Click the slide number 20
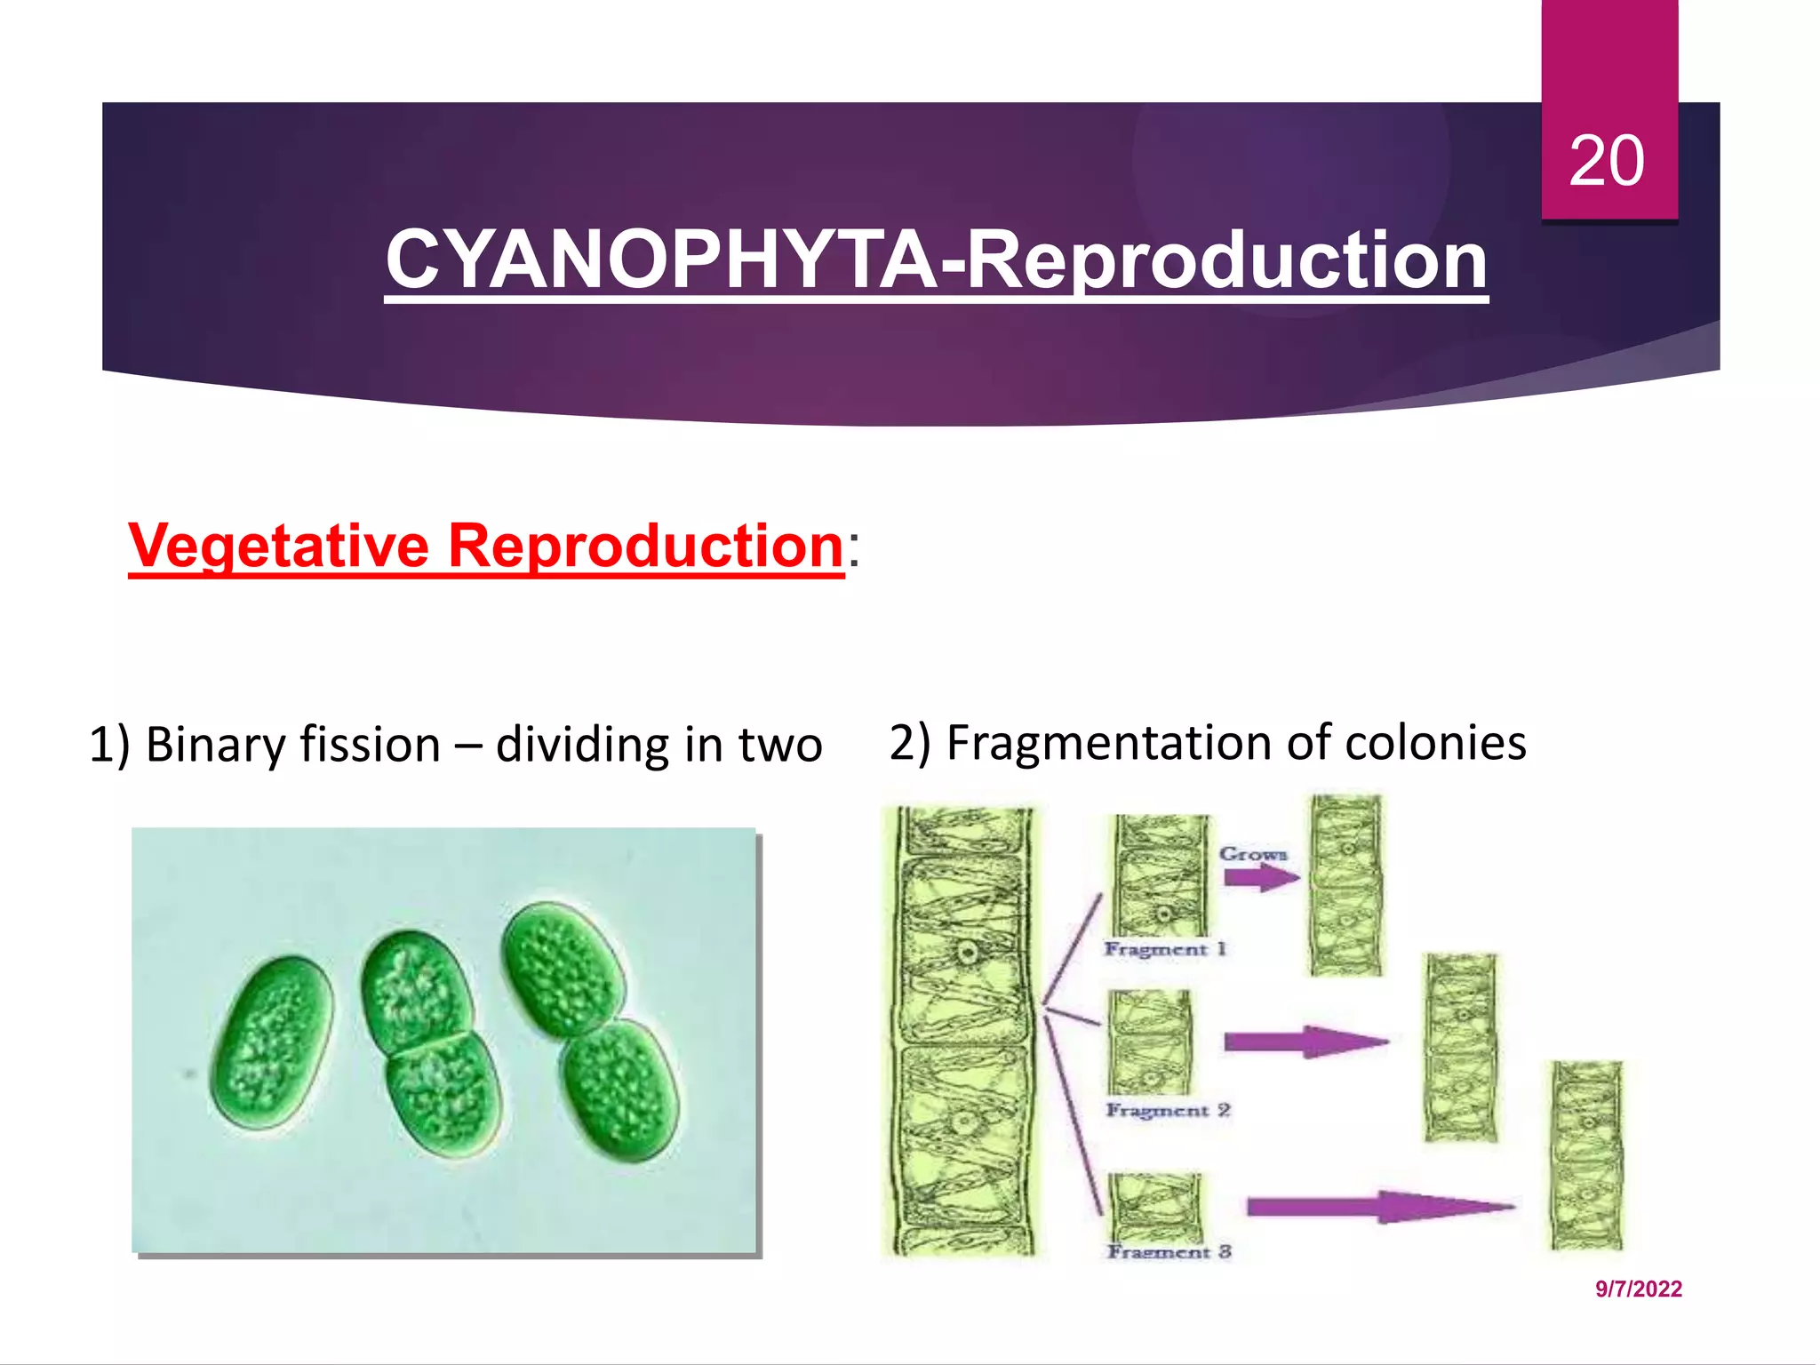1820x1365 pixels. coord(1607,162)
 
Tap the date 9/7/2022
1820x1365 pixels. coord(1639,1289)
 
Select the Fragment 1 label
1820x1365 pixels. coord(1165,949)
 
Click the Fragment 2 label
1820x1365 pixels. coord(1168,1110)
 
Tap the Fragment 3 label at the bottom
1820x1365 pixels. coord(1169,1251)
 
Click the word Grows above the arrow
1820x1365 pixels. coord(1253,854)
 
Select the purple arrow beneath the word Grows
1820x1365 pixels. coord(1259,879)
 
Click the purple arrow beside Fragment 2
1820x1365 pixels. coord(1304,1042)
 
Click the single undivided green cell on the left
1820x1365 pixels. coord(272,1042)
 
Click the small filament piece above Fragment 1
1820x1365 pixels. coord(1161,875)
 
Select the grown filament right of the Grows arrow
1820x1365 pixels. coord(1346,884)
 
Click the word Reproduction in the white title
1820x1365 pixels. coord(1227,259)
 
